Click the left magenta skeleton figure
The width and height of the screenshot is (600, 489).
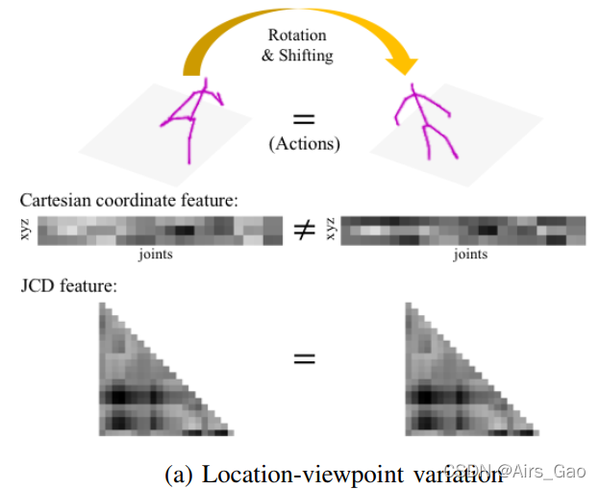point(194,120)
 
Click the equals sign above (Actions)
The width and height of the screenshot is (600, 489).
point(304,120)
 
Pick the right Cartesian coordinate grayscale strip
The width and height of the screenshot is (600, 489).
point(463,232)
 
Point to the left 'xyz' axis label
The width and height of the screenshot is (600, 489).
point(26,232)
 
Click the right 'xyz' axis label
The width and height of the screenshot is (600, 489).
point(332,232)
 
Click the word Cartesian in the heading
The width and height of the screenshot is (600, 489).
point(55,201)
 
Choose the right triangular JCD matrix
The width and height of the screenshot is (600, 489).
point(447,384)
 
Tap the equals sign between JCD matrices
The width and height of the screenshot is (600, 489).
point(304,358)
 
